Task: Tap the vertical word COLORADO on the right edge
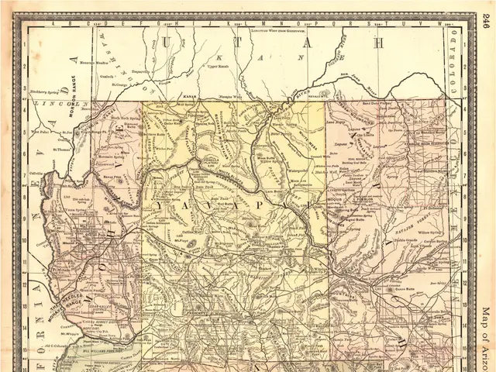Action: click(453, 74)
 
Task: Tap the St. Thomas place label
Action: click(62, 140)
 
